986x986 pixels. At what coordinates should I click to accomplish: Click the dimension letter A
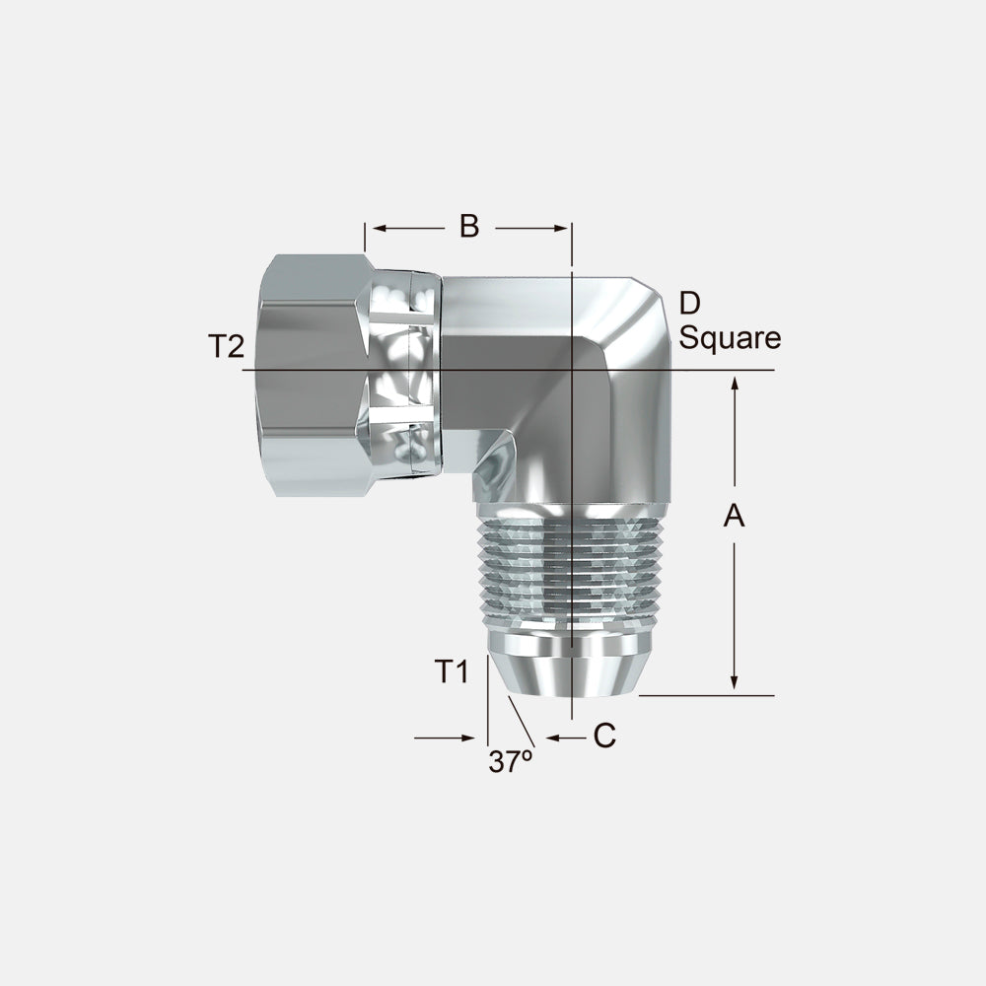[734, 515]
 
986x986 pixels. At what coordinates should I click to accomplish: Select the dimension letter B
[469, 227]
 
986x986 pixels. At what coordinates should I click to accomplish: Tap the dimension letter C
[604, 736]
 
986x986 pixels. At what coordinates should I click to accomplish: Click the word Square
[730, 338]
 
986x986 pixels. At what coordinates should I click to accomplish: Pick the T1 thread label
[453, 671]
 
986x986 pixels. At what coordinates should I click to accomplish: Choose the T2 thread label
[225, 346]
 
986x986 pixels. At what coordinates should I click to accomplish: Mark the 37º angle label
[510, 761]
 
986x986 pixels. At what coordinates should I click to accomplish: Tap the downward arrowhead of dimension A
[734, 682]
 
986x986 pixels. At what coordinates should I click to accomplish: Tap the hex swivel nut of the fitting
[311, 375]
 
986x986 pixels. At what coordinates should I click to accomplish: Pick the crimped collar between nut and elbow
[404, 375]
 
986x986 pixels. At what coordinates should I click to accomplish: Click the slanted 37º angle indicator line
[520, 721]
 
